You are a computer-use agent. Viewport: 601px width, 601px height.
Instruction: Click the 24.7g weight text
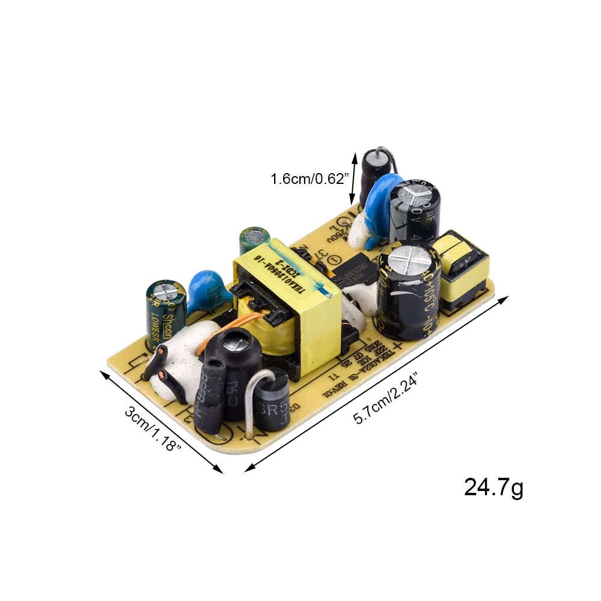[493, 487]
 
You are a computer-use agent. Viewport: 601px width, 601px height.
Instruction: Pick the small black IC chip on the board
[355, 273]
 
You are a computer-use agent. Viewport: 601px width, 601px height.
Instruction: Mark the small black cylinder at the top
[376, 174]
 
